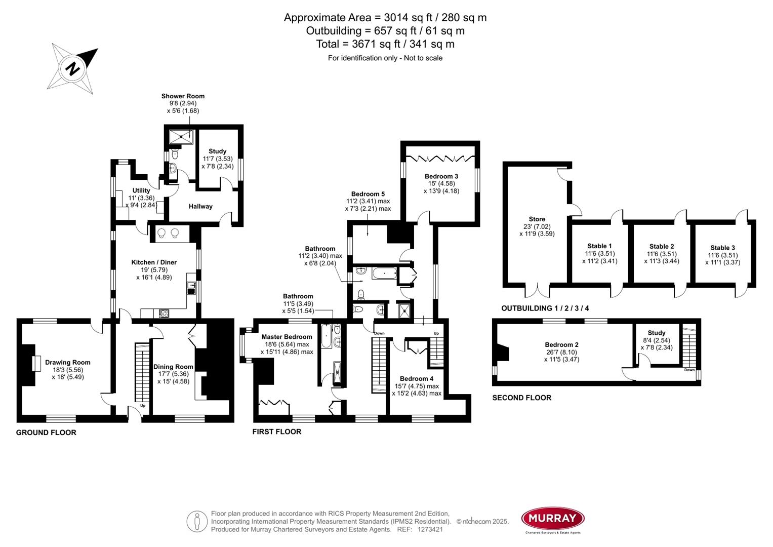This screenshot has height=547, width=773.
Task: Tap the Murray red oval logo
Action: [x=553, y=518]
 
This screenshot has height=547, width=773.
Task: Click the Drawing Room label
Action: [x=67, y=362]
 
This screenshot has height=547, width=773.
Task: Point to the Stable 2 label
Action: [x=662, y=246]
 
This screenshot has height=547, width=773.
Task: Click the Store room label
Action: [x=537, y=219]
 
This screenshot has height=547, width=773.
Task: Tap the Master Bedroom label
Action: [x=287, y=337]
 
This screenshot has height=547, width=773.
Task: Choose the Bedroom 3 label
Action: [x=441, y=176]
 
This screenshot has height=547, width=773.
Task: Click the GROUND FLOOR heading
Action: [x=46, y=433]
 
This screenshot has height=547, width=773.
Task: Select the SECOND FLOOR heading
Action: [x=521, y=398]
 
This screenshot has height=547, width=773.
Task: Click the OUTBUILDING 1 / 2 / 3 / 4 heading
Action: [x=545, y=308]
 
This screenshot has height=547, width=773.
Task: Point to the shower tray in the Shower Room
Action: [x=181, y=136]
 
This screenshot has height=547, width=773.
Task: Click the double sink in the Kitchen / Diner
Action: [x=169, y=233]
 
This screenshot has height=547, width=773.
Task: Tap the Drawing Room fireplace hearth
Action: [x=36, y=363]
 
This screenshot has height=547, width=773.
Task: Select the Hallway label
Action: [x=200, y=206]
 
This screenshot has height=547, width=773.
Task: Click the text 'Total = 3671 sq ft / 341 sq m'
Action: [x=385, y=44]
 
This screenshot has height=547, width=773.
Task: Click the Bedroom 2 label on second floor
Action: [x=561, y=344]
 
